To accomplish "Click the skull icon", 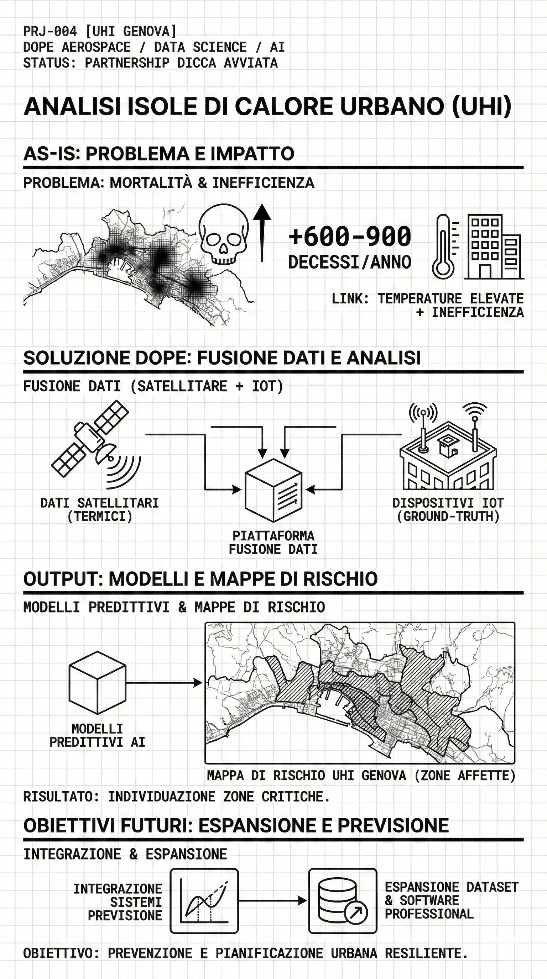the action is point(224,234).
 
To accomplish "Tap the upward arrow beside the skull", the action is point(262,232).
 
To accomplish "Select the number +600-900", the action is point(350,236).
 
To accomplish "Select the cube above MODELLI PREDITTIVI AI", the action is point(97,683).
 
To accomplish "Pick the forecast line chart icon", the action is point(204,901).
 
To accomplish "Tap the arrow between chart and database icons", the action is point(272,900).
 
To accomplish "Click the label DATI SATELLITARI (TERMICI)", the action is point(100,510).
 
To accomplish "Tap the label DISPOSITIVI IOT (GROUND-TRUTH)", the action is point(448,510).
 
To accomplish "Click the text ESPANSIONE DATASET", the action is point(452,887).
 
